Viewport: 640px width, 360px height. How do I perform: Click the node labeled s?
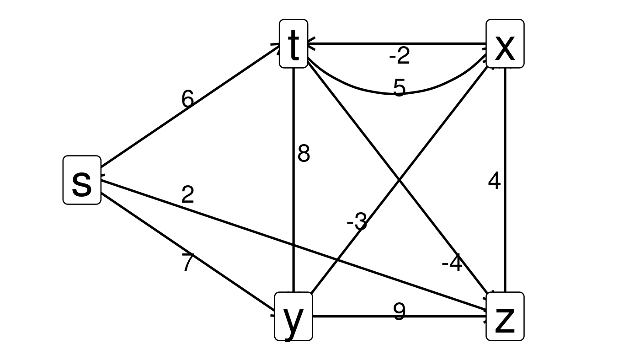82,180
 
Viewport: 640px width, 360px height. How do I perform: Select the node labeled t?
293,44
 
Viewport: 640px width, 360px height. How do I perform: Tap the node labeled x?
505,44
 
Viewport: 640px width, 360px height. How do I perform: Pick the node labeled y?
293,317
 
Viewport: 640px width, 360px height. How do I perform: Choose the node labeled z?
505,317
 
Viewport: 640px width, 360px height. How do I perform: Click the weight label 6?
187,99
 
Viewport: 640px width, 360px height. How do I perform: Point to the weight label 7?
187,263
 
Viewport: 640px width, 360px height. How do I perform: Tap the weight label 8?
304,154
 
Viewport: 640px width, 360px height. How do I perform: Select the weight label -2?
400,56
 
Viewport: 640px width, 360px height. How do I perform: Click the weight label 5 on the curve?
399,87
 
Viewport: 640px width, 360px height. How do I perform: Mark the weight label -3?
357,223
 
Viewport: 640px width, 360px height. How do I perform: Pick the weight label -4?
452,264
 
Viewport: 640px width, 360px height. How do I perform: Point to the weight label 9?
399,312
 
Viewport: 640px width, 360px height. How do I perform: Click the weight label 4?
494,182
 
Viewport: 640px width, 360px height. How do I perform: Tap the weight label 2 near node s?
187,195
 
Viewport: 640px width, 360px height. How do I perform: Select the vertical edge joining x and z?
505,137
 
